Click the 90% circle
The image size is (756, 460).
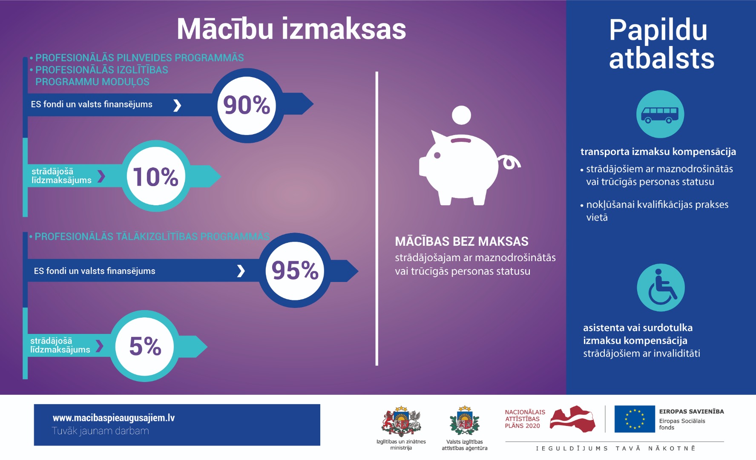247,105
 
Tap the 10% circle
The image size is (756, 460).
156,176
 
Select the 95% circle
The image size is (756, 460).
295,270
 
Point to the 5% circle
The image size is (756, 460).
145,346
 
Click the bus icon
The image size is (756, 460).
660,114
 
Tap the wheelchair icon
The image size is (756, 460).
661,287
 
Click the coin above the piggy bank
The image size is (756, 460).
461,115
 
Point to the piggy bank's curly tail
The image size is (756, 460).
510,162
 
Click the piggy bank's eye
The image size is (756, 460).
437,155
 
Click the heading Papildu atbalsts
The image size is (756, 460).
661,44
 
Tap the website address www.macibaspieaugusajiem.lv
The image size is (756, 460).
114,418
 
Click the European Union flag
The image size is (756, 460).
635,419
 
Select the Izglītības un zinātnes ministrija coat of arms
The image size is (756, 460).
401,421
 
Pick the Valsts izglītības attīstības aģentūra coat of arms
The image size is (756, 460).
464,421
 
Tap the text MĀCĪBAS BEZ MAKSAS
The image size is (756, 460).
462,241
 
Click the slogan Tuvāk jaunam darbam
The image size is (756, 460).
101,431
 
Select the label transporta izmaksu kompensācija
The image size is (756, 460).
658,152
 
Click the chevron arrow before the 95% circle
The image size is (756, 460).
241,271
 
